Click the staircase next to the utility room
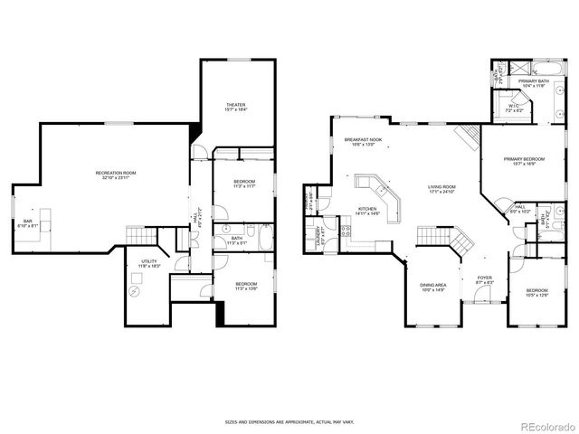coord(138,236)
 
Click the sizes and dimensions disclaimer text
coord(289,421)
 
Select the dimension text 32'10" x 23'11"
coord(116,178)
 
